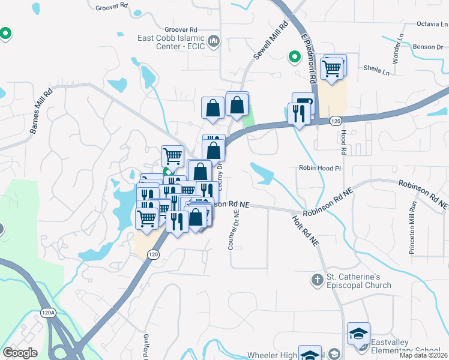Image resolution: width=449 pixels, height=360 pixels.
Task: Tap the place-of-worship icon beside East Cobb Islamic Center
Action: [x=215, y=41]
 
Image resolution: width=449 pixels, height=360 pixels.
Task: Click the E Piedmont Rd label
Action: [x=309, y=58]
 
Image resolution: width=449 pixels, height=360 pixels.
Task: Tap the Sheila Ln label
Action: [x=376, y=70]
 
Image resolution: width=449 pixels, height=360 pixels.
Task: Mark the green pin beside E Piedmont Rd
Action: [x=294, y=57]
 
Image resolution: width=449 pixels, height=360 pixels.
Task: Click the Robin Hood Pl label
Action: [x=319, y=169]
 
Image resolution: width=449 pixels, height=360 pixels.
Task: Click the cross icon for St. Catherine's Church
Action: [x=317, y=280]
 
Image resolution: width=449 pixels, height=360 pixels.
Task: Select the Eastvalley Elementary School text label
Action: [x=405, y=346]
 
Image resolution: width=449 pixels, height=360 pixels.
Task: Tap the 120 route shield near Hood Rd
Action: [x=336, y=121]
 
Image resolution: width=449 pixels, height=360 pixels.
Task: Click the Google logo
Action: [x=20, y=353]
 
